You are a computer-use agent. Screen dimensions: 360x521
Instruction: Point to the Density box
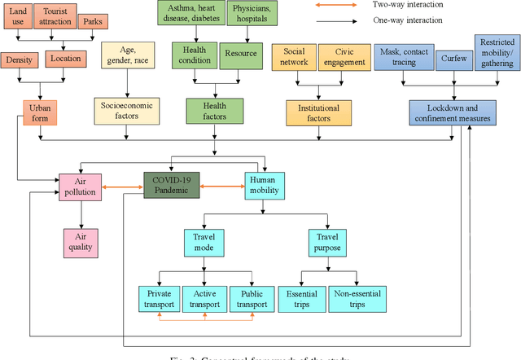click(x=19, y=59)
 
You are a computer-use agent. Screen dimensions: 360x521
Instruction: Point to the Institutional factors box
click(x=314, y=112)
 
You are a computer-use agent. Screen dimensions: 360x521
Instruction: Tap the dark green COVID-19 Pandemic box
click(x=170, y=185)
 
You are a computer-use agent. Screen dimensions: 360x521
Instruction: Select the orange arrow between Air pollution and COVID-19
click(x=123, y=187)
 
